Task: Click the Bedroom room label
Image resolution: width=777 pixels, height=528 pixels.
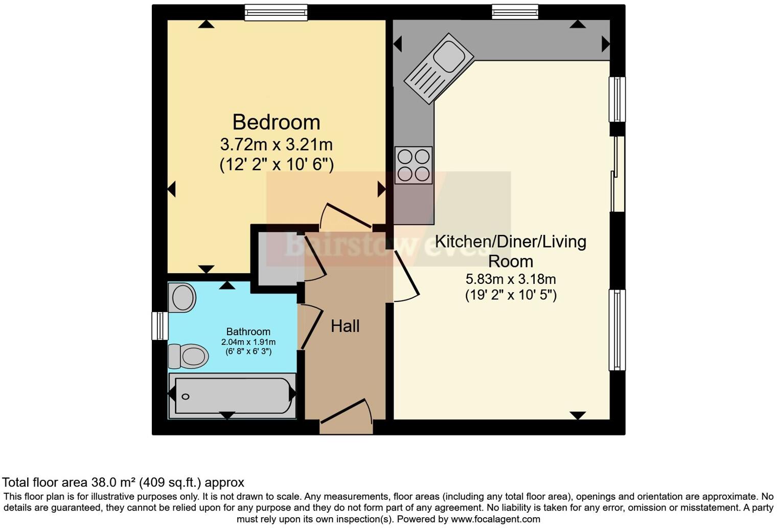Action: [276, 122]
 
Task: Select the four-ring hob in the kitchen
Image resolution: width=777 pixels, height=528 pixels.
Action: [414, 165]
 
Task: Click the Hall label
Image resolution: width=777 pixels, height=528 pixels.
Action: [345, 326]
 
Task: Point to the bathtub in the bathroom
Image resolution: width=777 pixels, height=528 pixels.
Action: [232, 395]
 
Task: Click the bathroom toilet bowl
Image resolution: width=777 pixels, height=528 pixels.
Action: [188, 356]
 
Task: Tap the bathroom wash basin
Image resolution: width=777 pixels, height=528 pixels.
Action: [182, 297]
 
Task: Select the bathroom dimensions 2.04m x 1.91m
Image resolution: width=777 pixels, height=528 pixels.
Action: [248, 342]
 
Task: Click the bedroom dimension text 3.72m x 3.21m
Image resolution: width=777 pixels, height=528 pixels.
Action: [276, 144]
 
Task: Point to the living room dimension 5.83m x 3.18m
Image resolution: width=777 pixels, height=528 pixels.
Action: [511, 279]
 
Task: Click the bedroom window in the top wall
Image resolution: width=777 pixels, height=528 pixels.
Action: [276, 12]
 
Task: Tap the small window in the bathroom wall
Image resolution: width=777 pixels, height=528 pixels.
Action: [160, 326]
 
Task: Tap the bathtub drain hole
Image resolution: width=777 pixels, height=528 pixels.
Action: [186, 397]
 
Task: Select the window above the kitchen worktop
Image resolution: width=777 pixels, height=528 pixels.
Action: [515, 12]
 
